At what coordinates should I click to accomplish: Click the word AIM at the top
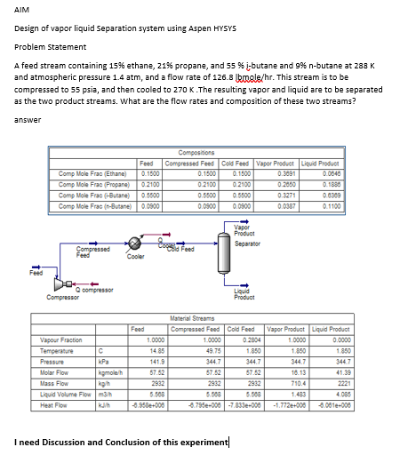point(22,10)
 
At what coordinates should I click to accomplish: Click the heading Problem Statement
point(51,47)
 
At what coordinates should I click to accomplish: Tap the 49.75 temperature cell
point(212,349)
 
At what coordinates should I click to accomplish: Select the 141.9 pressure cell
point(155,360)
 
